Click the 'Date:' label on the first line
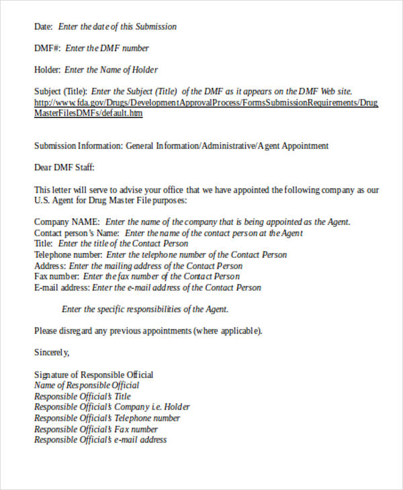[43, 27]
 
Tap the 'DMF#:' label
[47, 48]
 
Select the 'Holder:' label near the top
[47, 70]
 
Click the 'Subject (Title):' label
[60, 91]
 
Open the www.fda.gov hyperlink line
[206, 103]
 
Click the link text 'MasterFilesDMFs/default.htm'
[88, 113]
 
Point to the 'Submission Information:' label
[78, 146]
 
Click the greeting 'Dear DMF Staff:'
[64, 167]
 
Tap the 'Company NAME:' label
[67, 222]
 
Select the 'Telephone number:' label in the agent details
[69, 255]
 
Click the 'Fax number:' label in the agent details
[56, 277]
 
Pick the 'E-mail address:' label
[62, 288]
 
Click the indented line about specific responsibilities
[145, 309]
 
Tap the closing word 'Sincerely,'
[52, 352]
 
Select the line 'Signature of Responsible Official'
[93, 375]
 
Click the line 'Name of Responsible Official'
[87, 385]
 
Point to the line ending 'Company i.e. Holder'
[111, 407]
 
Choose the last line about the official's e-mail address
[100, 440]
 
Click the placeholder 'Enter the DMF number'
[107, 48]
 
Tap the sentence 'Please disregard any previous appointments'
[148, 331]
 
